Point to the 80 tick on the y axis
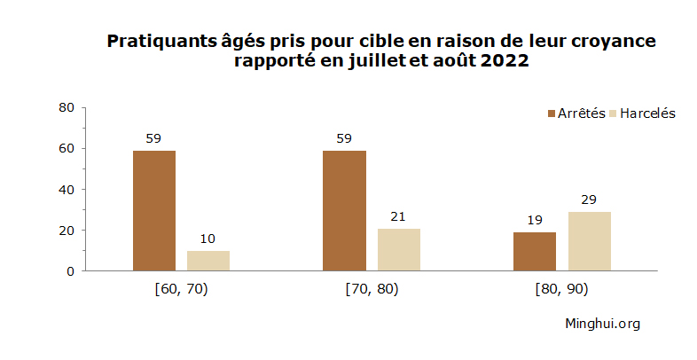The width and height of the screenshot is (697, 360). (x=66, y=107)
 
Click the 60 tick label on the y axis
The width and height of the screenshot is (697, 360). (x=66, y=148)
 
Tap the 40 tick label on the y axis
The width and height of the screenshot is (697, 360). (x=66, y=190)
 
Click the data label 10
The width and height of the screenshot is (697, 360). (x=208, y=239)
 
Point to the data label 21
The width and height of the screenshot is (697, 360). (x=398, y=216)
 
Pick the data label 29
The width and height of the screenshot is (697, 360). (x=589, y=200)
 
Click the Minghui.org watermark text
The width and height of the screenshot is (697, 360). (x=602, y=324)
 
